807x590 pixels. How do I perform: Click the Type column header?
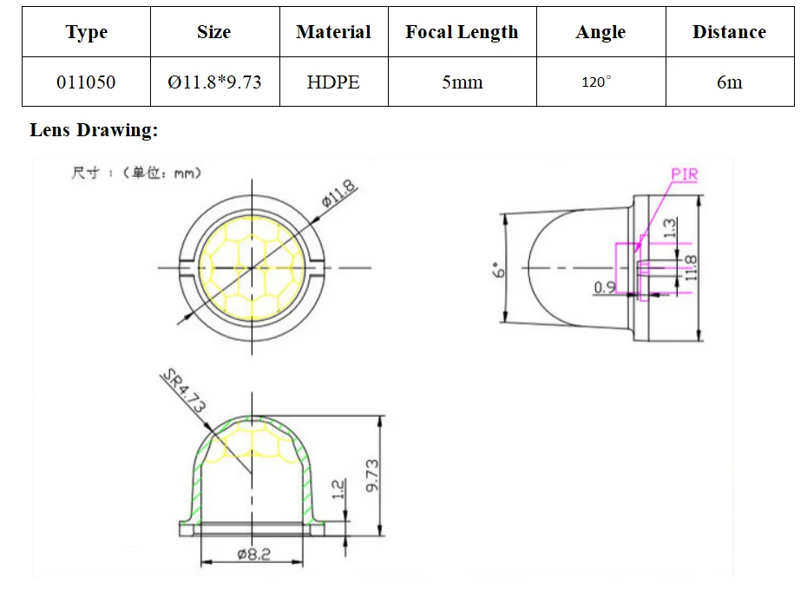pyautogui.click(x=86, y=32)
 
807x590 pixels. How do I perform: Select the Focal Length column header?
pyautogui.click(x=462, y=32)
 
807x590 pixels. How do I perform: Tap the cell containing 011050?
pyautogui.click(x=86, y=82)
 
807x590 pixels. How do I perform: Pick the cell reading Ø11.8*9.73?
pyautogui.click(x=214, y=82)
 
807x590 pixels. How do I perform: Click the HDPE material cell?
pyautogui.click(x=333, y=82)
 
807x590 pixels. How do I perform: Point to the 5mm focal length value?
pyautogui.click(x=462, y=82)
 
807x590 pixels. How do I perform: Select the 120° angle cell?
pyautogui.click(x=596, y=82)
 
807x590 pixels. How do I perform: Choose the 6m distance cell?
pyautogui.click(x=729, y=82)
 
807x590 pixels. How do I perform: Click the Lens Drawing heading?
pyautogui.click(x=94, y=130)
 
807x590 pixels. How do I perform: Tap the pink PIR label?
pyautogui.click(x=684, y=174)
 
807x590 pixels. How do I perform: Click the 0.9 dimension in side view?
pyautogui.click(x=605, y=286)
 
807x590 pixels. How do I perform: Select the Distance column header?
pyautogui.click(x=729, y=32)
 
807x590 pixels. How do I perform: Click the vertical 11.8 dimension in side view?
pyautogui.click(x=690, y=267)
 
